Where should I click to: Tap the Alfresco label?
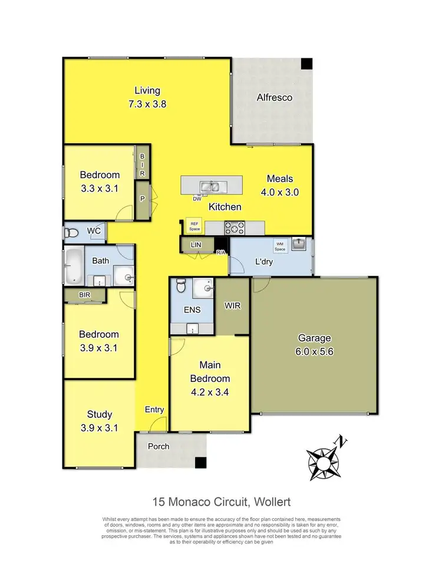(274, 97)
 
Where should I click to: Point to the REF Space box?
(194, 225)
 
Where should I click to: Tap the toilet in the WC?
(71, 232)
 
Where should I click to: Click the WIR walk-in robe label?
(233, 307)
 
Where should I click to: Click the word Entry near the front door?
(154, 410)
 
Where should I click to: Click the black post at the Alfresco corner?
(306, 63)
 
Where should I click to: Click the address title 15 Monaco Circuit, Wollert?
(221, 502)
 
